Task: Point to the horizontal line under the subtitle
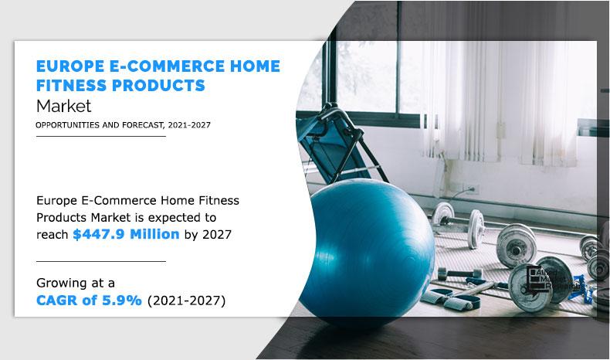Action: tap(100, 136)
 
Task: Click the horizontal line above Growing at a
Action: tap(100, 261)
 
